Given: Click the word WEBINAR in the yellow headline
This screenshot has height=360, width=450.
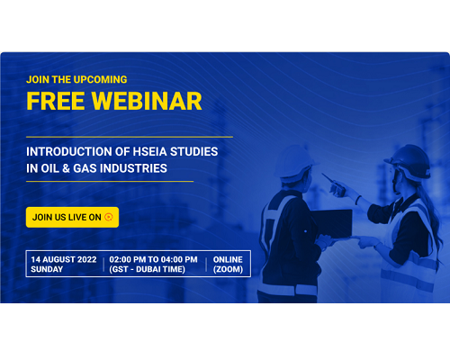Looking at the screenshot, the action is coord(147,101).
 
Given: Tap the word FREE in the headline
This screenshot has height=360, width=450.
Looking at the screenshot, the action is coord(56,101).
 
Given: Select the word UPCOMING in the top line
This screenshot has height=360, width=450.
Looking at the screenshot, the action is coord(100,79).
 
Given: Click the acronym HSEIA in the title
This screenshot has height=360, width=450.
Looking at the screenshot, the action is coord(149,151).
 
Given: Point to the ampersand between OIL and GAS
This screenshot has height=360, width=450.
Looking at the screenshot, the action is coord(66,168).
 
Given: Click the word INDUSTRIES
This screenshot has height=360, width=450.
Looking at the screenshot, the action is coord(133,168).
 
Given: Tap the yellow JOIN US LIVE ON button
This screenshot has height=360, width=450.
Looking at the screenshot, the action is coord(72,217).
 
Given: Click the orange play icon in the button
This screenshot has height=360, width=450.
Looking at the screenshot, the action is coord(109,217).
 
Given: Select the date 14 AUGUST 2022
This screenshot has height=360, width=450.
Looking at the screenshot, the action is coord(64,259).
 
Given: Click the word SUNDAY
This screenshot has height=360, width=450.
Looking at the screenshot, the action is coord(47,269).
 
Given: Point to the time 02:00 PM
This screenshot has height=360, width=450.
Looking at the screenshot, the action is coord(128,259).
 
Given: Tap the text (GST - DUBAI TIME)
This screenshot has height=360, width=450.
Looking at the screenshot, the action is coord(147,269).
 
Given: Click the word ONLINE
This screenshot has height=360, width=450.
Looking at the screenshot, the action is coord(228,259).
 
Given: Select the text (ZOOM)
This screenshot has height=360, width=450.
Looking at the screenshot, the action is coord(228,269).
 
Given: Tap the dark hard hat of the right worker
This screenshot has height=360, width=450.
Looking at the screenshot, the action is coord(409,162).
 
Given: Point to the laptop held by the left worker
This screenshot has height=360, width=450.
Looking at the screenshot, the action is coord(332,223).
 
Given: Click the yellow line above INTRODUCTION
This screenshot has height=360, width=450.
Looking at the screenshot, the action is coord(130,137).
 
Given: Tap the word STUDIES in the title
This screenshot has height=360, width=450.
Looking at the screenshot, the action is coord(194,151).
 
